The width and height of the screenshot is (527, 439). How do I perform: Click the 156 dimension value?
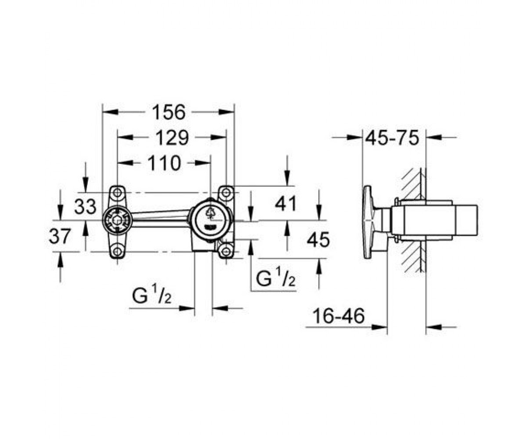(169, 112)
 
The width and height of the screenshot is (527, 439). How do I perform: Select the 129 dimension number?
(172, 137)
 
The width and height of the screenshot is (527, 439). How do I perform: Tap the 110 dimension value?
(164, 163)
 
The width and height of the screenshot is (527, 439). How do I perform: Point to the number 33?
(85, 206)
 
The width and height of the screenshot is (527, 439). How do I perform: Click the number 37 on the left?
(59, 236)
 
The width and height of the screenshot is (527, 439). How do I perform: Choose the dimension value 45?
(318, 239)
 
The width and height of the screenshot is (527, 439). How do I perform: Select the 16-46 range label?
(339, 315)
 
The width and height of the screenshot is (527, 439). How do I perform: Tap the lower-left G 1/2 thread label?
(152, 296)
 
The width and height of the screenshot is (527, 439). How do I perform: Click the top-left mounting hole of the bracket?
(117, 193)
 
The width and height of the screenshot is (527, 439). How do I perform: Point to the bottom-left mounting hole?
(117, 251)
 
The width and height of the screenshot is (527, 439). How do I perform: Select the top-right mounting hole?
(226, 193)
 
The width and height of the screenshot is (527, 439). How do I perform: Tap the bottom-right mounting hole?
(226, 251)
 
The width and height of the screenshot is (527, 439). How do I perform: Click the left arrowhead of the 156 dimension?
(111, 112)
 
